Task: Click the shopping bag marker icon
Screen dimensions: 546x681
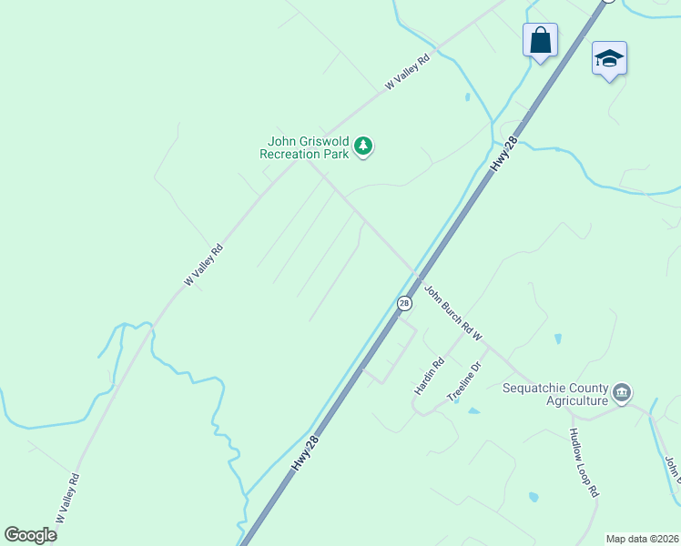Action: (x=540, y=40)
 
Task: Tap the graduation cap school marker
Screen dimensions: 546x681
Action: (x=609, y=59)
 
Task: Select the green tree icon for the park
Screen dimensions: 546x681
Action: (x=363, y=146)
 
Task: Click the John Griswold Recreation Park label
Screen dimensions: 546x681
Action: (x=304, y=147)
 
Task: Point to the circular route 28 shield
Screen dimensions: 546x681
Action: (x=404, y=303)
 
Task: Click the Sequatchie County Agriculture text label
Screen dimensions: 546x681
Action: (x=555, y=394)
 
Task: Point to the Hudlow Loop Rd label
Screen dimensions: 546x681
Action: (x=584, y=463)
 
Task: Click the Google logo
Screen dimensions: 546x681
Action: (x=30, y=534)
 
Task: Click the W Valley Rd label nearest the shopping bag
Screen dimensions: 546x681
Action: (x=407, y=73)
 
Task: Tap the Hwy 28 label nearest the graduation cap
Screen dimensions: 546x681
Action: (x=504, y=154)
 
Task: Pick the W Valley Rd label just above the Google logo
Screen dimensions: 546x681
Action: (x=67, y=499)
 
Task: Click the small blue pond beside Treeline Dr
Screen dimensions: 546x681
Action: (x=473, y=411)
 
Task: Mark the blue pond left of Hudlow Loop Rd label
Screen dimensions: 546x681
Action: (x=533, y=498)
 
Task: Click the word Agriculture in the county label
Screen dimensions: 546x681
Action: (x=576, y=400)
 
